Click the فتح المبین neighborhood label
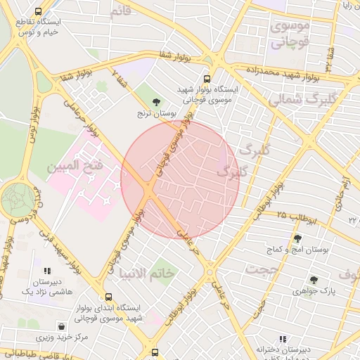(75, 167)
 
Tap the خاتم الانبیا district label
(148, 273)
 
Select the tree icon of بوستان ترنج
(155, 102)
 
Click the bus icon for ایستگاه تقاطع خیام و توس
(37, 11)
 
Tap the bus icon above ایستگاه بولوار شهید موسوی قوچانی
(207, 79)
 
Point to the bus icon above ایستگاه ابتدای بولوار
(108, 297)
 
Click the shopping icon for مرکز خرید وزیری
(63, 327)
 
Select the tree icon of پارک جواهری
(314, 280)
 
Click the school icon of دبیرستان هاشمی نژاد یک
(47, 271)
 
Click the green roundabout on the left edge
(17, 199)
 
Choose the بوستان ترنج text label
(155, 112)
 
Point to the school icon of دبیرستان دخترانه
(260, 337)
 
